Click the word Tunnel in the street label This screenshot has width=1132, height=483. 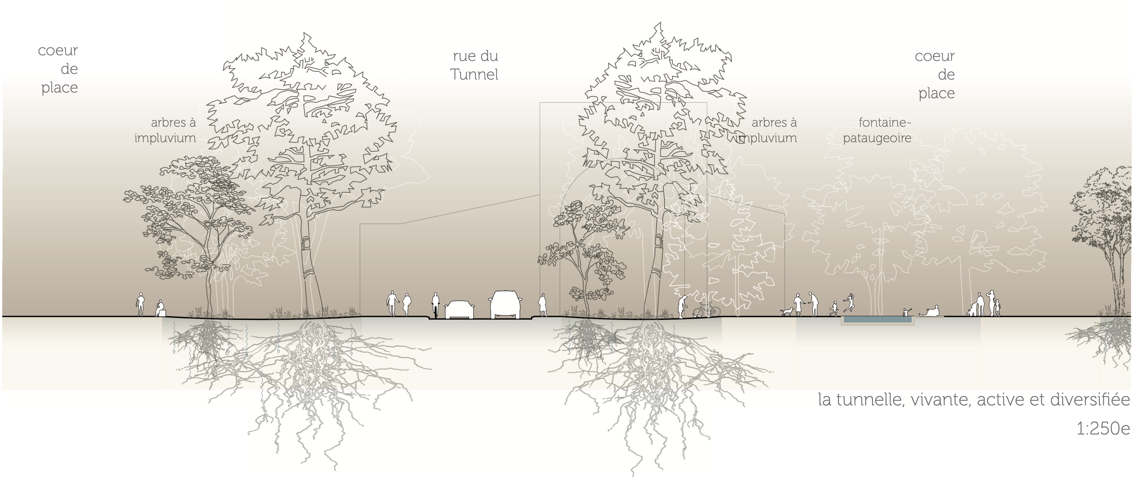coord(474,75)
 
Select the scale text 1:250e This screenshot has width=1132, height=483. coord(1103,429)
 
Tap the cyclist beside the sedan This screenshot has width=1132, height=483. coord(435,305)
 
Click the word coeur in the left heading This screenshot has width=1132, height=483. coord(57,50)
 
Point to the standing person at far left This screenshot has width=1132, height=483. coord(140,304)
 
